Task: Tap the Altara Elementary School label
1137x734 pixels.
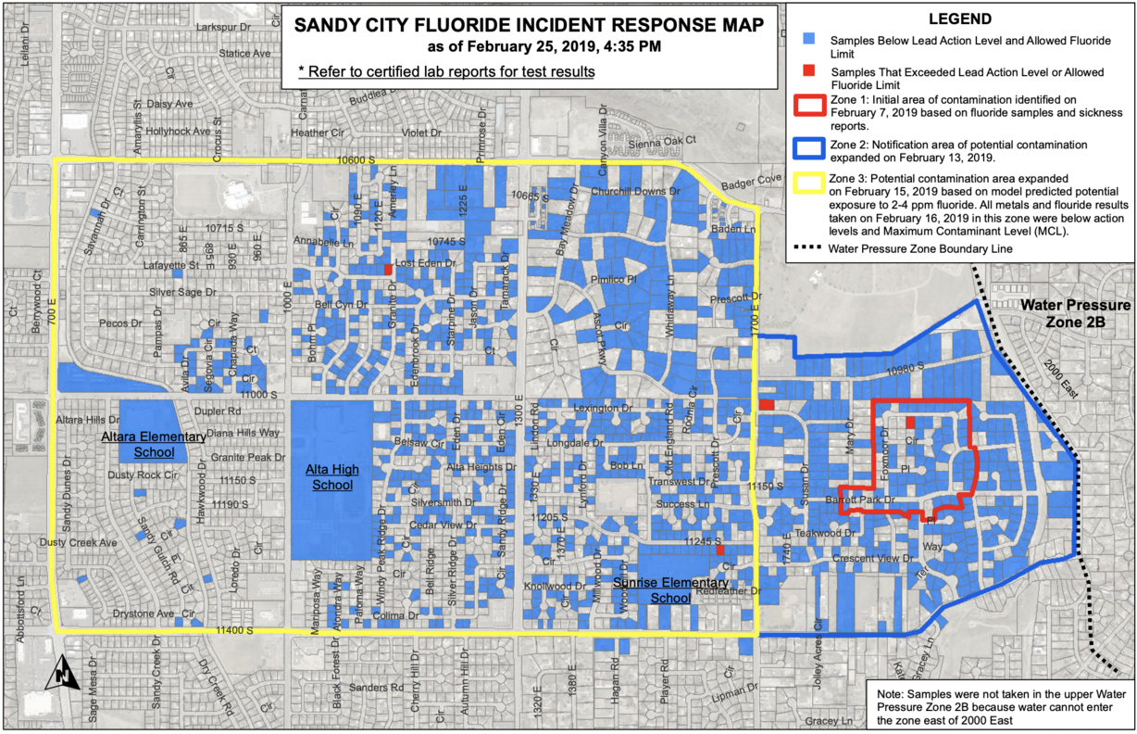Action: pyautogui.click(x=154, y=444)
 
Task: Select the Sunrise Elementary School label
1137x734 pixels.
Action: pyautogui.click(x=656, y=589)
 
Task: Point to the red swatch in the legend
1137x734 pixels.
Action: pyautogui.click(x=808, y=71)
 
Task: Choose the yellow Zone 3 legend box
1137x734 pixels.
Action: pyautogui.click(x=808, y=178)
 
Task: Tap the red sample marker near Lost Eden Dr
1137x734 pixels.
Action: pyautogui.click(x=388, y=270)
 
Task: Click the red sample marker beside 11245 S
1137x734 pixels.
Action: pyautogui.click(x=719, y=550)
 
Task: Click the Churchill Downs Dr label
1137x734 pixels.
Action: pyautogui.click(x=636, y=192)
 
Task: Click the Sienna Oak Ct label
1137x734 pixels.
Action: pyautogui.click(x=663, y=140)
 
